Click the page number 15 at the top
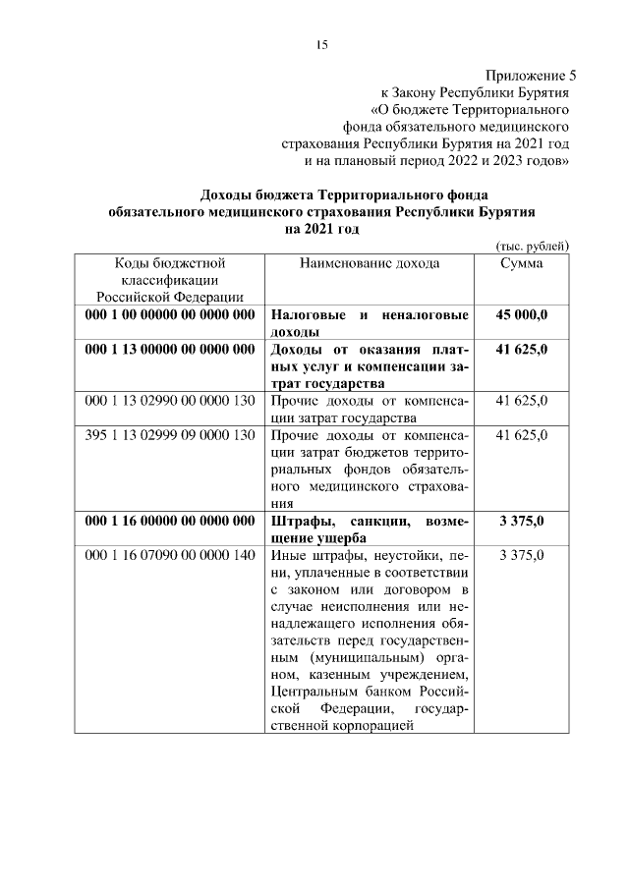pos(320,44)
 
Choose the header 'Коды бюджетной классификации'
pos(170,279)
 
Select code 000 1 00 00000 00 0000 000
pos(170,315)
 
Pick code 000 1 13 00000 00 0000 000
pos(170,350)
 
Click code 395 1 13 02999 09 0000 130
pos(170,435)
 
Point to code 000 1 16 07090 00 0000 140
pos(170,556)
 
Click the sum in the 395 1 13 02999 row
pos(521,435)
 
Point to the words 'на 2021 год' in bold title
pos(321,229)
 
